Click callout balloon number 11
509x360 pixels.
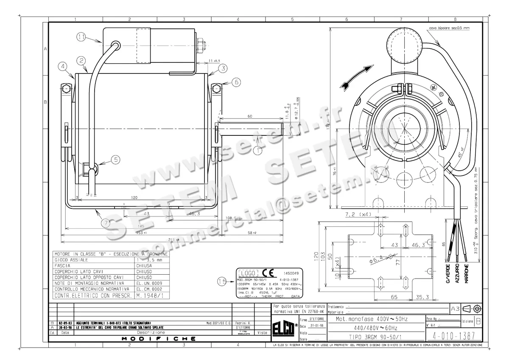81,37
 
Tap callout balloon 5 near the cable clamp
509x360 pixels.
115,159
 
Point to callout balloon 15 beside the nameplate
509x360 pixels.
221,280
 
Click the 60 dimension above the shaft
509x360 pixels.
250,116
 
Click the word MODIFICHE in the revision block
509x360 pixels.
159,339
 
